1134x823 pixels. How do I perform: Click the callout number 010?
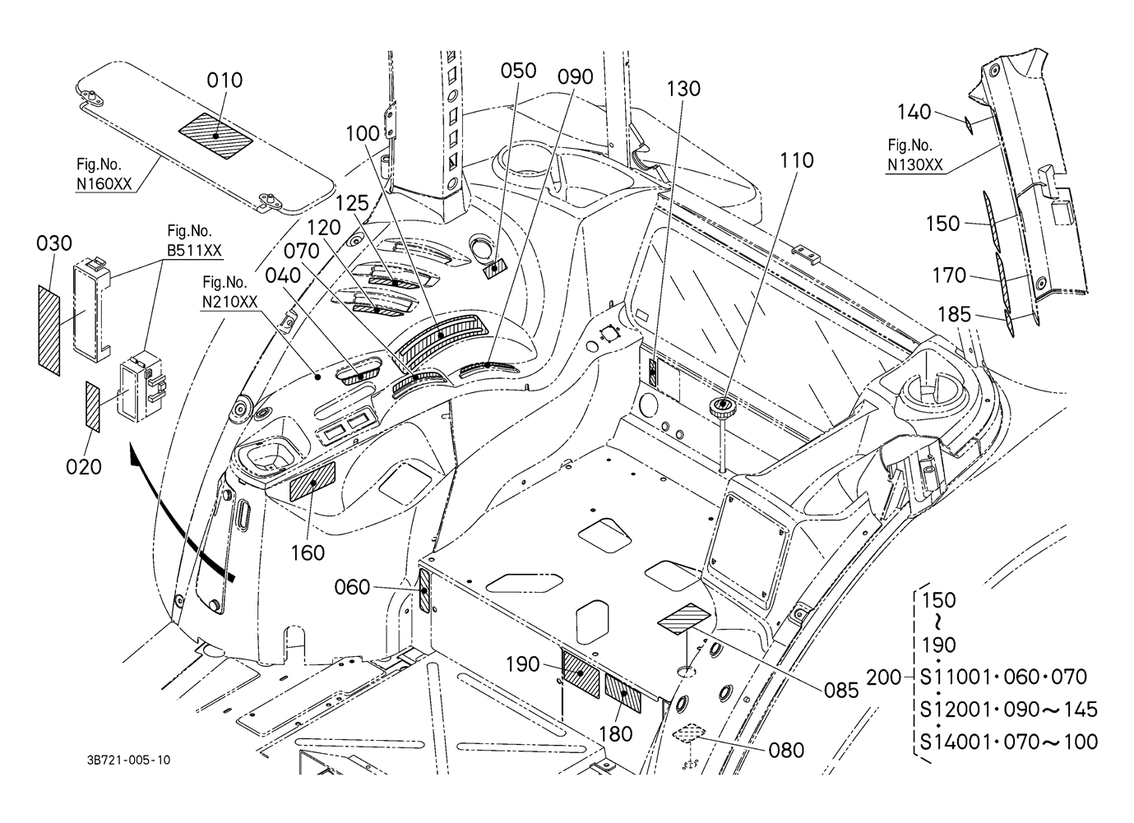click(224, 80)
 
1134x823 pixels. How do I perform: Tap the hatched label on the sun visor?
click(215, 136)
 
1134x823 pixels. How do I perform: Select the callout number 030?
click(54, 243)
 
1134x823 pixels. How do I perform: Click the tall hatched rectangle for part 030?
click(49, 330)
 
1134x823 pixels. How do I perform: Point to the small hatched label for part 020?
click(93, 407)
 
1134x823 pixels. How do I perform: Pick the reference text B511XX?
click(194, 251)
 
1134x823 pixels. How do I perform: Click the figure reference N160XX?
click(104, 184)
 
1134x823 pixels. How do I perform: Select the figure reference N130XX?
click(915, 165)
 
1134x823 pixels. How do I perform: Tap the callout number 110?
click(797, 161)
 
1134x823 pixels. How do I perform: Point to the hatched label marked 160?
click(312, 481)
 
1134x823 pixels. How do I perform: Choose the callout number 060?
click(352, 588)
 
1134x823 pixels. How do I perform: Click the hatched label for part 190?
click(581, 673)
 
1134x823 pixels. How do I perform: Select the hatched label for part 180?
click(623, 693)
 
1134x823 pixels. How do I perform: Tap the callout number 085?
click(841, 691)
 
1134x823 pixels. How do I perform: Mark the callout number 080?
click(786, 751)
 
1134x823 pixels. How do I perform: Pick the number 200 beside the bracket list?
click(884, 677)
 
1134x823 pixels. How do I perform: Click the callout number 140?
click(914, 112)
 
